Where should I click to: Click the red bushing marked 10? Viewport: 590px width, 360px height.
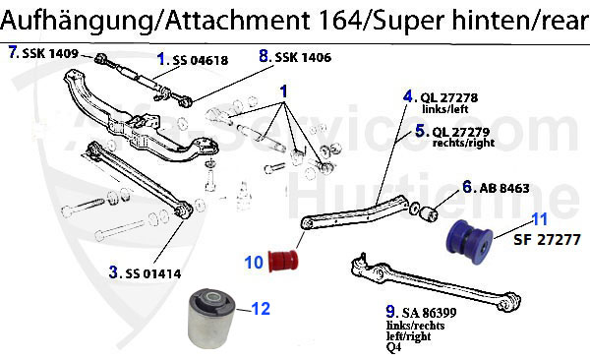[291, 259]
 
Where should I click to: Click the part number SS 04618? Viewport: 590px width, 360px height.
[201, 61]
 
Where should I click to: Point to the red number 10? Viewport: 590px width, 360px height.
[253, 263]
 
